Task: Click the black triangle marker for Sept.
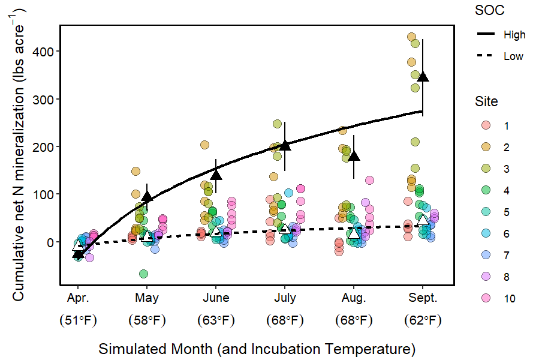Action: (423, 76)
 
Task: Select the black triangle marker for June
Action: (216, 174)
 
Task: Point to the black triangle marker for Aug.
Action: (354, 156)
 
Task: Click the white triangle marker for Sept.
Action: (423, 220)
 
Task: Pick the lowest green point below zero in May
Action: (143, 274)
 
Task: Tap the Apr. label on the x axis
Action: (78, 298)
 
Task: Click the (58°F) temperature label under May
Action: (147, 320)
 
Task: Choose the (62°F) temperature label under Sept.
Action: (423, 320)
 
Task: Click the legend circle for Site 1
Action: (486, 126)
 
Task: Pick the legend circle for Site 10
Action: (486, 298)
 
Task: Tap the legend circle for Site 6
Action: (486, 233)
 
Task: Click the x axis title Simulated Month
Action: (257, 349)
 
